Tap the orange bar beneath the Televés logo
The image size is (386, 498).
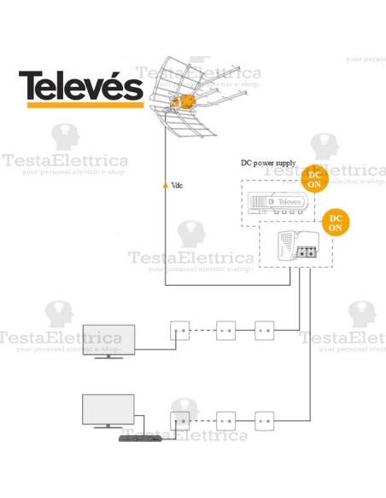tap(81, 105)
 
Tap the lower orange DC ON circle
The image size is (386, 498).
tap(335, 223)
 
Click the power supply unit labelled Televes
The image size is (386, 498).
tap(278, 202)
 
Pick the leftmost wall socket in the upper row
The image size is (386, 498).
tap(180, 327)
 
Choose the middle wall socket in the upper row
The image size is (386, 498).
tap(226, 327)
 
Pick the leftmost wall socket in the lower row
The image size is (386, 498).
tap(180, 420)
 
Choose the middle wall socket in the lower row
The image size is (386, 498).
tap(226, 420)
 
